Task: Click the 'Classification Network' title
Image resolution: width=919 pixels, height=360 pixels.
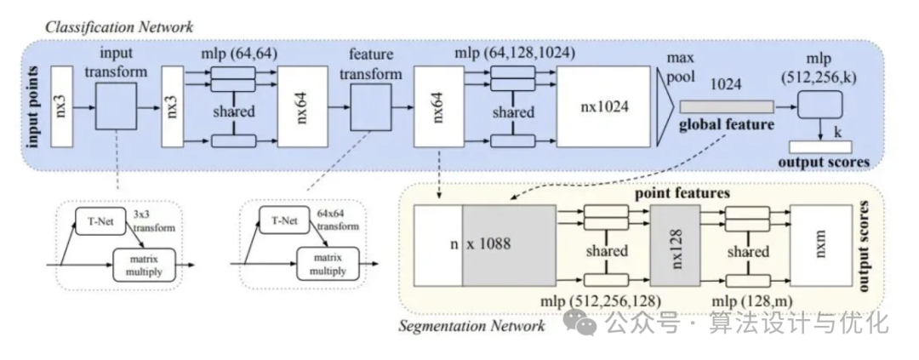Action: [119, 27]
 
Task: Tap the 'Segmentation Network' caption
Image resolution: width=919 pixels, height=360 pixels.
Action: [471, 325]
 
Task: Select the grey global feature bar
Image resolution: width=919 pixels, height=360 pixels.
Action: [727, 106]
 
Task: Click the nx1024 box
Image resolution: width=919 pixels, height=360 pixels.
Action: [603, 106]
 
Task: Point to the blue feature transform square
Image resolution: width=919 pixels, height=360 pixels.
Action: [370, 106]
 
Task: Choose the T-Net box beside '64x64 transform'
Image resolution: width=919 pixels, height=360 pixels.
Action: [283, 220]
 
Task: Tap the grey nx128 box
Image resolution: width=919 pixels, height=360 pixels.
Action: [675, 245]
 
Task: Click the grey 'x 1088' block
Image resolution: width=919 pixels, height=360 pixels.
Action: [509, 245]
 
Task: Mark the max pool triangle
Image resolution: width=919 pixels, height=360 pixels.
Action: [664, 106]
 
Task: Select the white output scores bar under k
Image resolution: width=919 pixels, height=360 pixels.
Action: [820, 147]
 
